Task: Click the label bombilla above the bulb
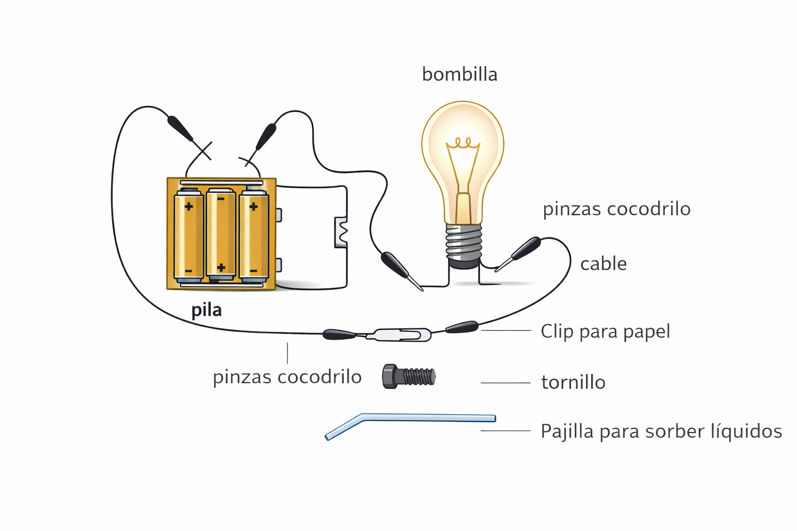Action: (459, 75)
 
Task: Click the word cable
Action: (603, 264)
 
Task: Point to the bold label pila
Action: (207, 310)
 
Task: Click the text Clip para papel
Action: (605, 331)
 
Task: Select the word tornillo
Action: (573, 383)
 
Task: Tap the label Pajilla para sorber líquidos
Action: (661, 431)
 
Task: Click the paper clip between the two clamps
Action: (400, 334)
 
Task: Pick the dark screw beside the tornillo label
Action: (409, 376)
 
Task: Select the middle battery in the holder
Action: (221, 233)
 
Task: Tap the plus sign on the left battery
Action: (189, 206)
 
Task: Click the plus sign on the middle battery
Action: (221, 268)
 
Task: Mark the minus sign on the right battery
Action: (253, 271)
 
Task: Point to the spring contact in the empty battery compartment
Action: (342, 232)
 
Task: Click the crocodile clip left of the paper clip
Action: (339, 334)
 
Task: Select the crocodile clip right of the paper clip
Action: (462, 327)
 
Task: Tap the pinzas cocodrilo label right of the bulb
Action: (616, 209)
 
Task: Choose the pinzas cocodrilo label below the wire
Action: (287, 377)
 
